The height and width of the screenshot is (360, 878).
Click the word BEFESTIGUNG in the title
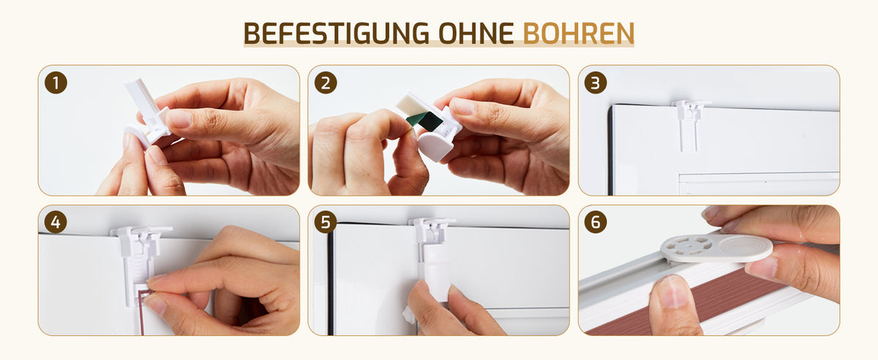point(337,33)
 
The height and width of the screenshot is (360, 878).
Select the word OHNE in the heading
point(476,33)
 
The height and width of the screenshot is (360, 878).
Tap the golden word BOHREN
point(579,33)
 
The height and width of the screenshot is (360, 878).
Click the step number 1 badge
point(56,83)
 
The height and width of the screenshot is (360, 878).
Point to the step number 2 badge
point(326,83)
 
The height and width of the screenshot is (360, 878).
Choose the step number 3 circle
point(596,83)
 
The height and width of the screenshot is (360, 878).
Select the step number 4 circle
point(56,222)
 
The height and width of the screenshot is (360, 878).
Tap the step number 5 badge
point(326,222)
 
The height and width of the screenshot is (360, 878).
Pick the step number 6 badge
point(596,222)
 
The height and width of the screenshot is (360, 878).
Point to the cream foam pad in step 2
point(408,103)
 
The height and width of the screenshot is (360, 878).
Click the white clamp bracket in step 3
point(689,124)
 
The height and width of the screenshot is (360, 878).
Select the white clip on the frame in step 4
point(139,259)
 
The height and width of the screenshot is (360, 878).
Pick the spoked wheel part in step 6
point(687,247)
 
